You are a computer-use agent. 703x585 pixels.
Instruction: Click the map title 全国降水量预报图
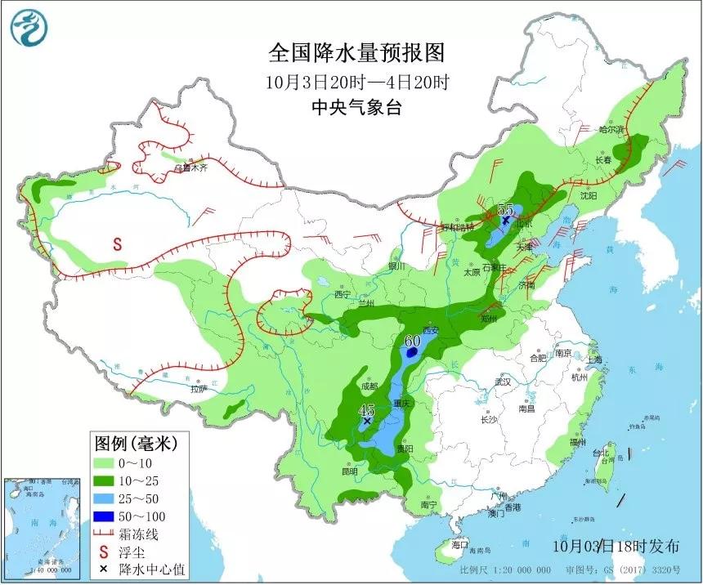(x=357, y=53)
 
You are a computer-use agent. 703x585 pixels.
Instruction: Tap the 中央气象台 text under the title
(x=357, y=108)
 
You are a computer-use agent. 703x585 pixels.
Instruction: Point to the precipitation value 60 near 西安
(x=412, y=340)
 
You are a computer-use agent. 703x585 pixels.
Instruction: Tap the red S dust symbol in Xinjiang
(x=117, y=243)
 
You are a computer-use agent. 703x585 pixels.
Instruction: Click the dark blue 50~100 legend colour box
(x=104, y=516)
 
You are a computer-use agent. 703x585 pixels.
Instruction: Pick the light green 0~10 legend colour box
(x=104, y=462)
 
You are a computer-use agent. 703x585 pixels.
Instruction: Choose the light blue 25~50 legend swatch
(x=104, y=498)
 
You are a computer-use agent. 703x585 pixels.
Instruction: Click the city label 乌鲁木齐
(x=191, y=168)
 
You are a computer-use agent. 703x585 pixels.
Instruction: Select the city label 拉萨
(x=199, y=389)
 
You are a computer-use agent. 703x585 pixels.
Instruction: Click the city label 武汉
(x=502, y=382)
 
